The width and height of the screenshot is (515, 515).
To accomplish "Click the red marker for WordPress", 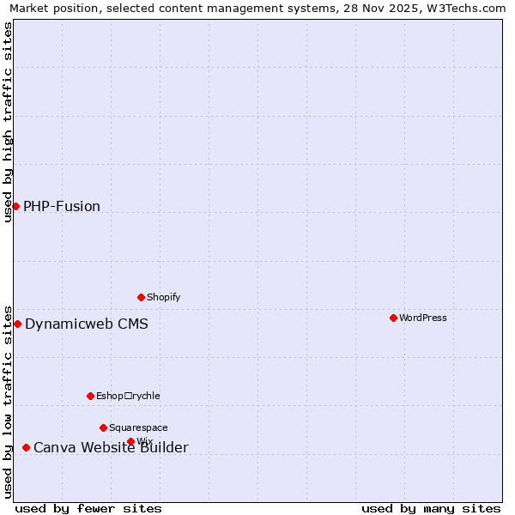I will coord(393,318).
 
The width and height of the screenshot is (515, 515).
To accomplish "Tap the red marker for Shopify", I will coord(141,297).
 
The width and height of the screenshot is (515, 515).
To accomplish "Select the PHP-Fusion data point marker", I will coord(15,206).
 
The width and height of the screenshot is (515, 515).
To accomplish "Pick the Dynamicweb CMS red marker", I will coord(17,324).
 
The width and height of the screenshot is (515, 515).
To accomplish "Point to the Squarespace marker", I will coord(103,427).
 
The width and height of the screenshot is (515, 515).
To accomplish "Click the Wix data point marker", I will coord(130,441).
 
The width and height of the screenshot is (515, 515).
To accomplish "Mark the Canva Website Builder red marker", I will coord(26,447).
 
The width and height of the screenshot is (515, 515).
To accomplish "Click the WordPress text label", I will coord(422,318).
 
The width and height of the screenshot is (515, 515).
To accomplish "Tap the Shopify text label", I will coord(163,297).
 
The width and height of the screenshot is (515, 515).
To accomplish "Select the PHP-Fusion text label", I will coord(62,206).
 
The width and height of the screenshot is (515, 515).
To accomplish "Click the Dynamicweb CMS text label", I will coord(86,324).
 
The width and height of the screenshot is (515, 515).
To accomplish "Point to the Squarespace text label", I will coord(138,427).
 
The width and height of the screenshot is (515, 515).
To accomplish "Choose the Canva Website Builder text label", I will coord(111,447).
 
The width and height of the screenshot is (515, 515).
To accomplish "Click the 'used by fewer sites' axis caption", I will coord(88,508).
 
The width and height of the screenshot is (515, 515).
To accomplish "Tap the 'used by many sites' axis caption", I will coord(431,508).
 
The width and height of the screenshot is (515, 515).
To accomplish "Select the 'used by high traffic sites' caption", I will coord(8,122).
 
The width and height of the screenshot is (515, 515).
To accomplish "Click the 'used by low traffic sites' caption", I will coord(8,401).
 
